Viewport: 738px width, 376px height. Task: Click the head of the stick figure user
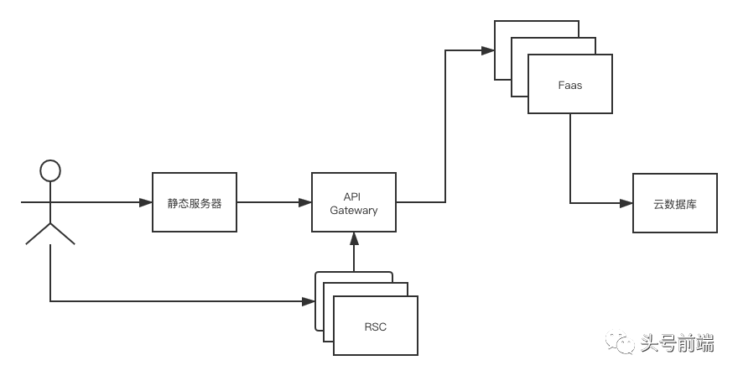(x=50, y=171)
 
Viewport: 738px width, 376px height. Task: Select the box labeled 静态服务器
(x=195, y=203)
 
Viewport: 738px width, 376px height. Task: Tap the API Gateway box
(x=354, y=203)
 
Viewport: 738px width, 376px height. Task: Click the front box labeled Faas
(x=570, y=84)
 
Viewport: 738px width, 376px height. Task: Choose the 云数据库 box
(x=675, y=203)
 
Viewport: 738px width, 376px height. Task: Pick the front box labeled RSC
(x=376, y=326)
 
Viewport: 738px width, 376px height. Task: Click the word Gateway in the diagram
(x=354, y=211)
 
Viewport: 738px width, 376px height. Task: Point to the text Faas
(x=570, y=85)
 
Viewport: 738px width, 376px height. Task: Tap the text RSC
(x=376, y=326)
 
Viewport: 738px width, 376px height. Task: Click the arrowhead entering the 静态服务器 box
(x=147, y=203)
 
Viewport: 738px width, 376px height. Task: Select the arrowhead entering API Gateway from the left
(x=306, y=203)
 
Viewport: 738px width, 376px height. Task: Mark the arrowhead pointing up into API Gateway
(x=354, y=238)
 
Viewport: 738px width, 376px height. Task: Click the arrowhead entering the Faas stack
(x=488, y=50)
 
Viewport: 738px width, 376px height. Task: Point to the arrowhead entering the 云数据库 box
(x=627, y=203)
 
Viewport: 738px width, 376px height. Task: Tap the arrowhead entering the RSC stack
(x=309, y=300)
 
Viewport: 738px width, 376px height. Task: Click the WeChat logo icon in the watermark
(x=620, y=342)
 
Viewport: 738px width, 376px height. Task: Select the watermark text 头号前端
(x=677, y=342)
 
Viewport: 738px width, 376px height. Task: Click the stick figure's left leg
(x=38, y=234)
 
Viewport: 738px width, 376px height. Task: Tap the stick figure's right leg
(x=63, y=234)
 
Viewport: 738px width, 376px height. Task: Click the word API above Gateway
(x=354, y=196)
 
